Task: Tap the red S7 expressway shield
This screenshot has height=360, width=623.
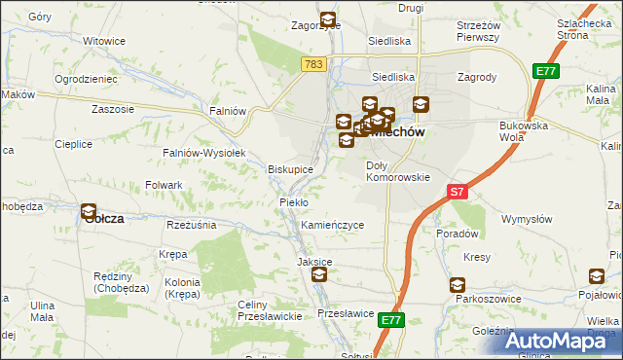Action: pyautogui.click(x=458, y=192)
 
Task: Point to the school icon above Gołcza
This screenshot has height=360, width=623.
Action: pyautogui.click(x=89, y=210)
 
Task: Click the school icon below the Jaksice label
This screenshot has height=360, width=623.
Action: pyautogui.click(x=319, y=276)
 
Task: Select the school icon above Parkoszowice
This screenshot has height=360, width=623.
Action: pyautogui.click(x=457, y=285)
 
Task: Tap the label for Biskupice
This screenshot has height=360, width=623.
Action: pyautogui.click(x=290, y=168)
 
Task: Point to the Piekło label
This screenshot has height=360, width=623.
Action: pyautogui.click(x=293, y=201)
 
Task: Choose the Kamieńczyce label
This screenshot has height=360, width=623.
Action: pyautogui.click(x=332, y=225)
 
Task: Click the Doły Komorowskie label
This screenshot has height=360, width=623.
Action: pyautogui.click(x=397, y=171)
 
